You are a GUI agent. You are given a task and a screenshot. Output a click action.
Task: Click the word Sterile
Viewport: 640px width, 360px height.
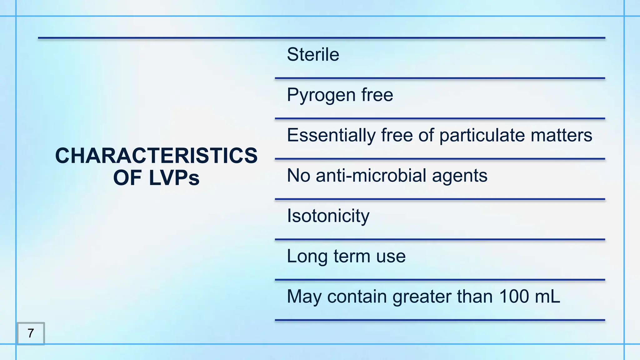(313, 55)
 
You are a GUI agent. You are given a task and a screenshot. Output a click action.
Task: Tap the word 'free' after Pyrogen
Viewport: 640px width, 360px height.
(377, 95)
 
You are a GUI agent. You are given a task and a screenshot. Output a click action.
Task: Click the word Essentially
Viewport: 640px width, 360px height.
(331, 135)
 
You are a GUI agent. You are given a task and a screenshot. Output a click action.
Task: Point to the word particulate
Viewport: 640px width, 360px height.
(482, 135)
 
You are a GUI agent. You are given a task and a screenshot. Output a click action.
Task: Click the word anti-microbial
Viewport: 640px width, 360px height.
(371, 176)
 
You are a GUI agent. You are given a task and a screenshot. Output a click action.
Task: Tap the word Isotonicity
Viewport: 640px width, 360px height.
(328, 216)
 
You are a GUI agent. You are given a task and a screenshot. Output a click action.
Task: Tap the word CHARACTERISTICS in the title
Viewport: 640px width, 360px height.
(156, 156)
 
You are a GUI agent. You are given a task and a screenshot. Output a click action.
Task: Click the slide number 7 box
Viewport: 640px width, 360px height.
(31, 333)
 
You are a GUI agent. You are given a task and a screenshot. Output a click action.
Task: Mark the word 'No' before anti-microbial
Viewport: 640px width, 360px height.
(298, 176)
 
